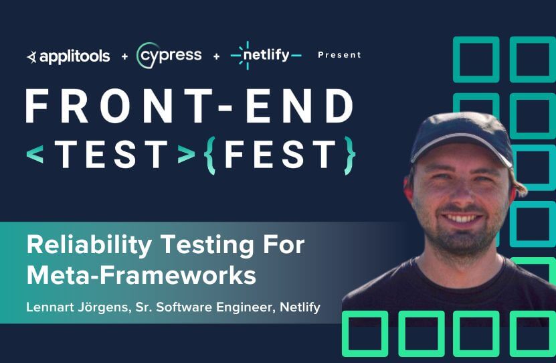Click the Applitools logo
(68, 56)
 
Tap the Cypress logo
(169, 56)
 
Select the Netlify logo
(266, 56)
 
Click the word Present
(339, 55)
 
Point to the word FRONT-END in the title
(189, 106)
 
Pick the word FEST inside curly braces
(280, 155)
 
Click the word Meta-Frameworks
(141, 275)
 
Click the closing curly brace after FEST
(349, 155)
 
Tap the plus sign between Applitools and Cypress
(124, 56)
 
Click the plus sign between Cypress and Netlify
(216, 56)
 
